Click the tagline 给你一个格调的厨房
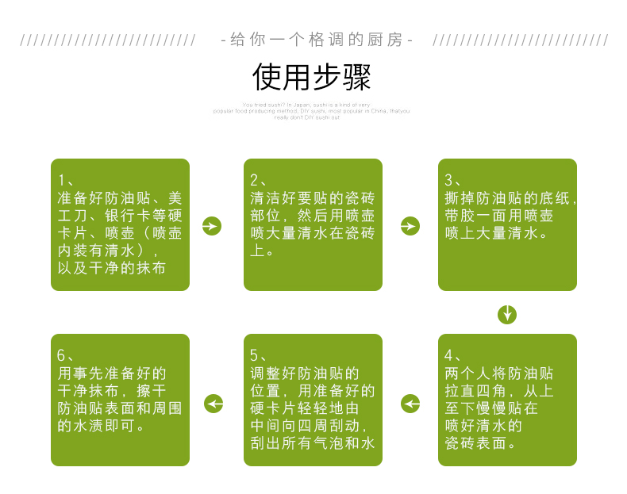click(316, 40)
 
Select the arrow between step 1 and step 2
click(212, 226)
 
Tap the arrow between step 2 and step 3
click(410, 226)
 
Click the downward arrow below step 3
click(507, 314)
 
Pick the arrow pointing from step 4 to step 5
click(410, 404)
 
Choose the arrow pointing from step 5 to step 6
click(213, 404)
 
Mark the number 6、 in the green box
click(67, 354)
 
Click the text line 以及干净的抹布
click(112, 268)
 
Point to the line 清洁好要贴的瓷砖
click(313, 197)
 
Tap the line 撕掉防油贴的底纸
click(510, 197)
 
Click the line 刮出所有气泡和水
click(313, 443)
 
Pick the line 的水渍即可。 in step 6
click(102, 426)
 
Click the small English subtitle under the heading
click(312, 111)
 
